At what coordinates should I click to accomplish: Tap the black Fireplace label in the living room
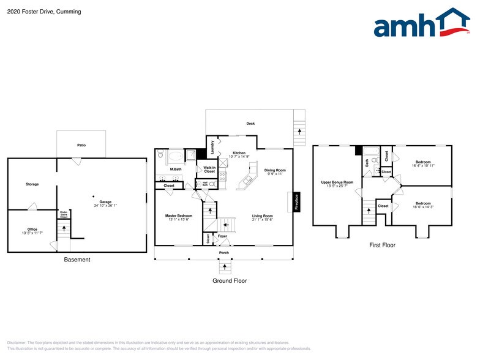tap(297, 202)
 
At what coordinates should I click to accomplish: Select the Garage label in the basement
tap(105, 202)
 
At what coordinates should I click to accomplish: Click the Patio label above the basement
tap(81, 146)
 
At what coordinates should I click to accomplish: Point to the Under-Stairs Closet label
tap(63, 215)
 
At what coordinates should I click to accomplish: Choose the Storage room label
tap(32, 184)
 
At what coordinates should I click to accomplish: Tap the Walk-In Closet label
tap(209, 170)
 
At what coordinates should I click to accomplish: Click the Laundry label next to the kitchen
tap(212, 148)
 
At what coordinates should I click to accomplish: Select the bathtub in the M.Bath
tap(175, 156)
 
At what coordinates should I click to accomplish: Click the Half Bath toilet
tap(212, 183)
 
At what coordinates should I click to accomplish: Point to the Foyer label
tap(222, 236)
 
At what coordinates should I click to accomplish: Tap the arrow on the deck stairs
tap(299, 131)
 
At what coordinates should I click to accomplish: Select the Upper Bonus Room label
tap(337, 182)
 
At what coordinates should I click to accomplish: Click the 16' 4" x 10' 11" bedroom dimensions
tap(422, 165)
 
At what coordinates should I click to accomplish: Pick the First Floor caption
tap(381, 246)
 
